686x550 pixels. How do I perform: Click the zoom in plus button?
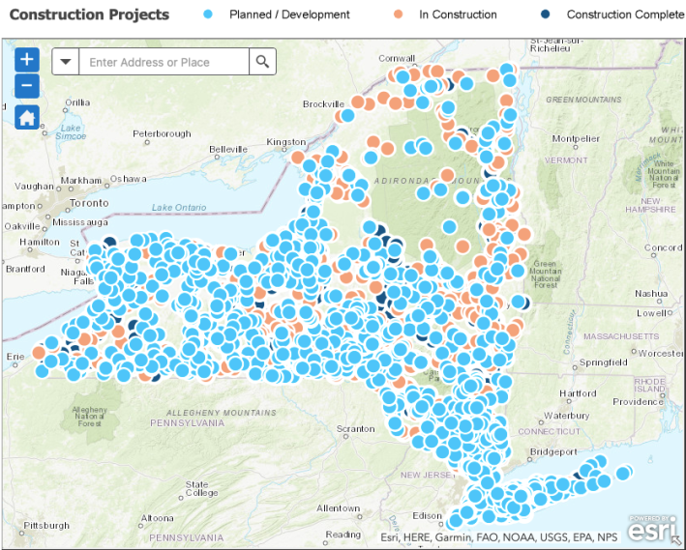pyautogui.click(x=27, y=59)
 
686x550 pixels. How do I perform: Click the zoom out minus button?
pyautogui.click(x=27, y=85)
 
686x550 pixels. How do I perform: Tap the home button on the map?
pyautogui.click(x=27, y=118)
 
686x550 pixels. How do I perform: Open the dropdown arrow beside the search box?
pyautogui.click(x=65, y=62)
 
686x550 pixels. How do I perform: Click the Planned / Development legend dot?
pyautogui.click(x=209, y=14)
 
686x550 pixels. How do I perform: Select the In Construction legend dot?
pyautogui.click(x=399, y=14)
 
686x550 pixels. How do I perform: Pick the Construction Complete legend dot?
pyautogui.click(x=546, y=14)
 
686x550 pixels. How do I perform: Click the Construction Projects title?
pyautogui.click(x=89, y=14)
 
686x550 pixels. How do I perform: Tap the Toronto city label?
pyautogui.click(x=90, y=204)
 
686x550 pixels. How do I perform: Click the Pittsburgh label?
pyautogui.click(x=46, y=526)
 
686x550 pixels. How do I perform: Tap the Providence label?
pyautogui.click(x=637, y=401)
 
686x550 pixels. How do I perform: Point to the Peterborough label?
pyautogui.click(x=162, y=133)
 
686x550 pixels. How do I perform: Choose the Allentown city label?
pyautogui.click(x=338, y=507)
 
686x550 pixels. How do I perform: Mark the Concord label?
pyautogui.click(x=663, y=248)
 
